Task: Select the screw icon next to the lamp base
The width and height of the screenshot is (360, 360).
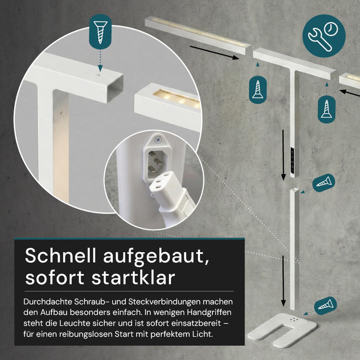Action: point(325,303)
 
